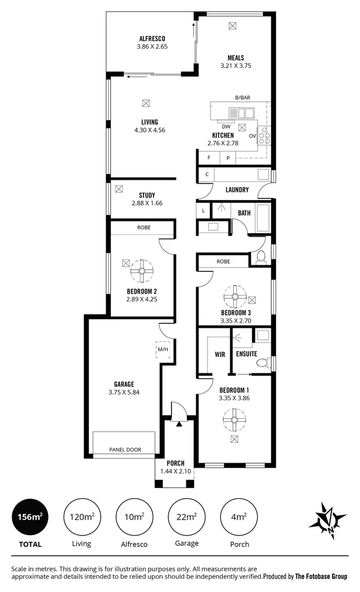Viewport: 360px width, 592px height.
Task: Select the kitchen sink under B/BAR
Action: coord(241,113)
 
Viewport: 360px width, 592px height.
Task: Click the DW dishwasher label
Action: coord(226,126)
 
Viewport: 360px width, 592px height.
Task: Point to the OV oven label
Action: coord(252,135)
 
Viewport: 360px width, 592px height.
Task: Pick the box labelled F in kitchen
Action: coord(208,158)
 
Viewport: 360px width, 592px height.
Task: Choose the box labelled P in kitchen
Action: coord(228,158)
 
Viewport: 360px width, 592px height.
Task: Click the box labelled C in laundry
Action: coord(207,174)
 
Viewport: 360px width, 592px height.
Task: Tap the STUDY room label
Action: coord(147,195)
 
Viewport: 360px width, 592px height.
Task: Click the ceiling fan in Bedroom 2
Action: coord(142,270)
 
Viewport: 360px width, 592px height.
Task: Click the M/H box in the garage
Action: coord(163,349)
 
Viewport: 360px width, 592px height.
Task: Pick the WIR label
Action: coord(220,355)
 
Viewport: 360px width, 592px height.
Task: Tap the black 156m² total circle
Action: coord(29,516)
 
